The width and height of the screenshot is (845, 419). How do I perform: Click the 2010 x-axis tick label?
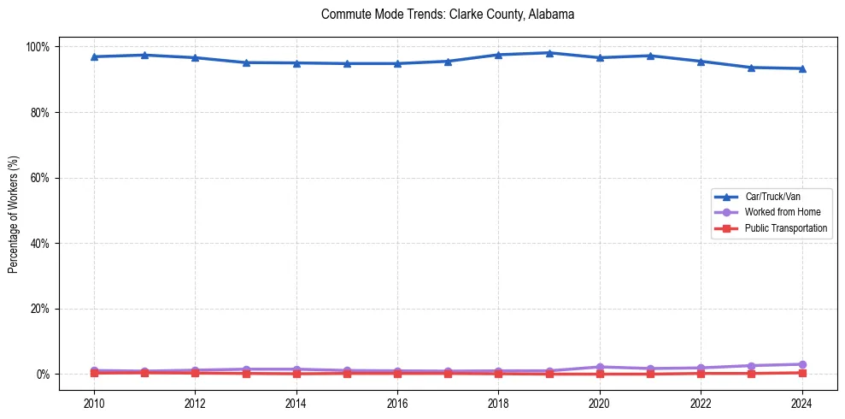pyautogui.click(x=94, y=402)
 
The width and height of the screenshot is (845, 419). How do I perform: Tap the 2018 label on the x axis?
pyautogui.click(x=498, y=402)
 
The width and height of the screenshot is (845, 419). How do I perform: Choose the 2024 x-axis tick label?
pyautogui.click(x=801, y=402)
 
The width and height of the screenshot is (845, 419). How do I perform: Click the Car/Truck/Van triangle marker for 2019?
pyautogui.click(x=549, y=53)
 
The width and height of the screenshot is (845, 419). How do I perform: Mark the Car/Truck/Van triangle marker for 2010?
pyautogui.click(x=94, y=56)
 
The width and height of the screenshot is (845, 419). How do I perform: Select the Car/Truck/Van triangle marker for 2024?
pyautogui.click(x=801, y=68)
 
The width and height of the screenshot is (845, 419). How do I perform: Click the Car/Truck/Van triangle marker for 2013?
pyautogui.click(x=245, y=62)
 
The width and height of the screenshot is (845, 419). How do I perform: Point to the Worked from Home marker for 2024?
pyautogui.click(x=801, y=364)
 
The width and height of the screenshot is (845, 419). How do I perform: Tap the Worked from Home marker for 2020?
pyautogui.click(x=599, y=367)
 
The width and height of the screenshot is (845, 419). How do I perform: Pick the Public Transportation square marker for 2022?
pyautogui.click(x=701, y=373)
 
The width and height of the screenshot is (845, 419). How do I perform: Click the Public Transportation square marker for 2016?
pyautogui.click(x=397, y=373)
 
